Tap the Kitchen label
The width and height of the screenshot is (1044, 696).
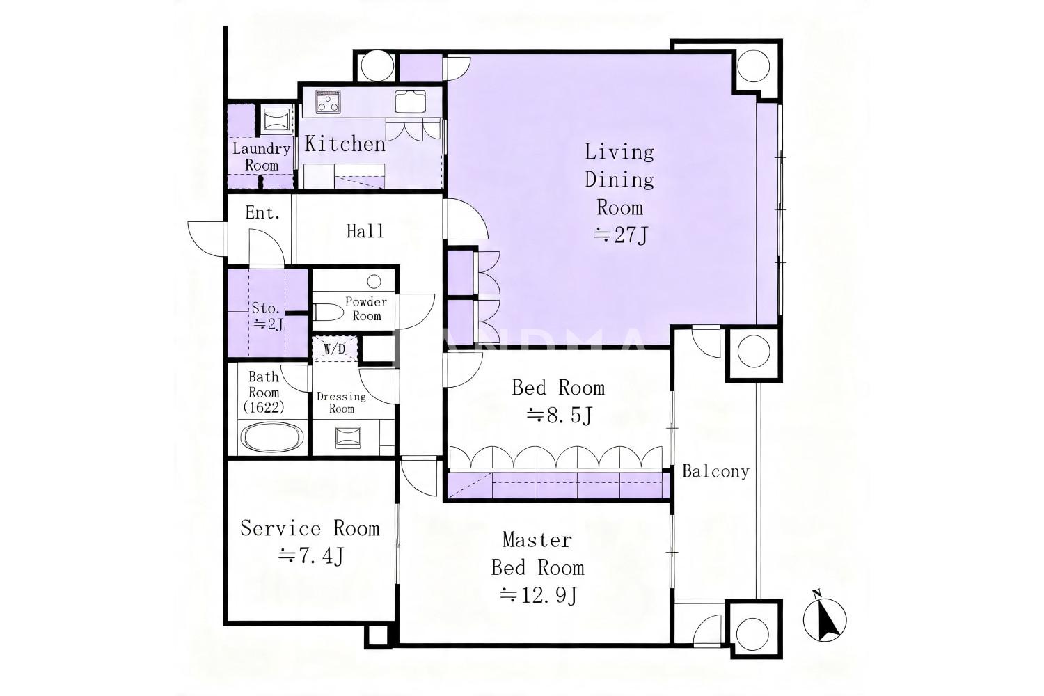tap(345, 143)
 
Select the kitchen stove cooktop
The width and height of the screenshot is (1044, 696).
tap(328, 102)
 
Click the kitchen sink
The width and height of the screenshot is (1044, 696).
tap(410, 101)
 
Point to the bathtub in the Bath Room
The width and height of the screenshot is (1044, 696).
tap(272, 437)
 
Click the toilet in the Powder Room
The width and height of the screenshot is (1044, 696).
tap(328, 312)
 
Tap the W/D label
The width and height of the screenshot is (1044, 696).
tap(335, 349)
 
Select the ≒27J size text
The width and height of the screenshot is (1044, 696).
tap(620, 235)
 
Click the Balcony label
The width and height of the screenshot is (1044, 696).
tap(715, 471)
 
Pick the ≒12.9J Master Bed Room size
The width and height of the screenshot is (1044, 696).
tap(538, 595)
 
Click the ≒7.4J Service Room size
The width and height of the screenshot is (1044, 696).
tap(311, 555)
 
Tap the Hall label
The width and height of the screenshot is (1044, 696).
tap(365, 231)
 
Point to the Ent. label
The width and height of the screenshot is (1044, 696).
tap(262, 213)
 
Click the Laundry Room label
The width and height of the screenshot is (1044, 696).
tap(262, 157)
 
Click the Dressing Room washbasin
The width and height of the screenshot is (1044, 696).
tap(348, 437)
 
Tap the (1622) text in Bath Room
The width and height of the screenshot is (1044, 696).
tap(264, 407)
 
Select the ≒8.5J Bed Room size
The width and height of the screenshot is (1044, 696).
tap(560, 414)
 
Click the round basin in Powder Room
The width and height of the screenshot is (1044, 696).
tap(374, 281)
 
